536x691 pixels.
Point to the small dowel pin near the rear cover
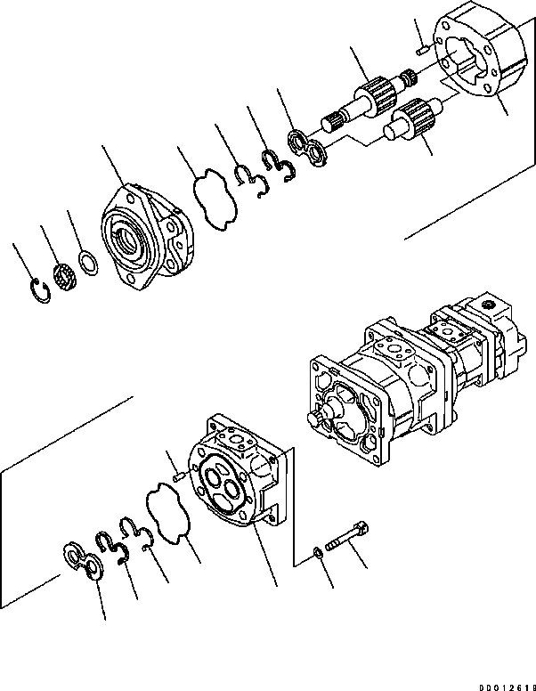tap(180, 475)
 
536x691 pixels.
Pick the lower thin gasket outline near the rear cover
tap(166, 515)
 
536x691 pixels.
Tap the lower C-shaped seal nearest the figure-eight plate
tap(107, 546)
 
